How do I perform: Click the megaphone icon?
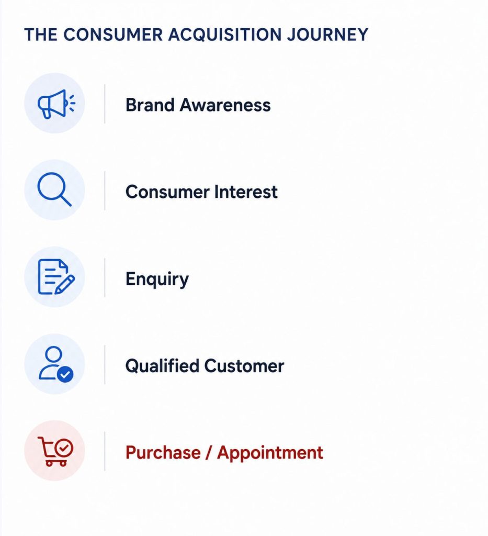point(56,104)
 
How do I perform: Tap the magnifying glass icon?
point(54,189)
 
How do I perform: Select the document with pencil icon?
point(56,276)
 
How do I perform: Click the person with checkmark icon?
point(55,363)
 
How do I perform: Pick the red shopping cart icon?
point(55,451)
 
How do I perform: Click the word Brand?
point(150,105)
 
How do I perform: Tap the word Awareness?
point(225,105)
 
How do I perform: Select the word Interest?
point(245,192)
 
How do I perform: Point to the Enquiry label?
point(157,280)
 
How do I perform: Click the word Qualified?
point(162,365)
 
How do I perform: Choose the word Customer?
point(244,366)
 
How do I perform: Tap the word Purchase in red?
point(163,453)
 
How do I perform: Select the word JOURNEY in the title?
point(327,35)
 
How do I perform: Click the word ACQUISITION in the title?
point(225,35)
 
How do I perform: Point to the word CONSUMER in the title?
point(113,35)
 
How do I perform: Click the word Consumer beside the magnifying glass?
point(167,192)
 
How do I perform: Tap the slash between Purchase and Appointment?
point(209,453)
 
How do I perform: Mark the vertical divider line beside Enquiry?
point(105,278)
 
